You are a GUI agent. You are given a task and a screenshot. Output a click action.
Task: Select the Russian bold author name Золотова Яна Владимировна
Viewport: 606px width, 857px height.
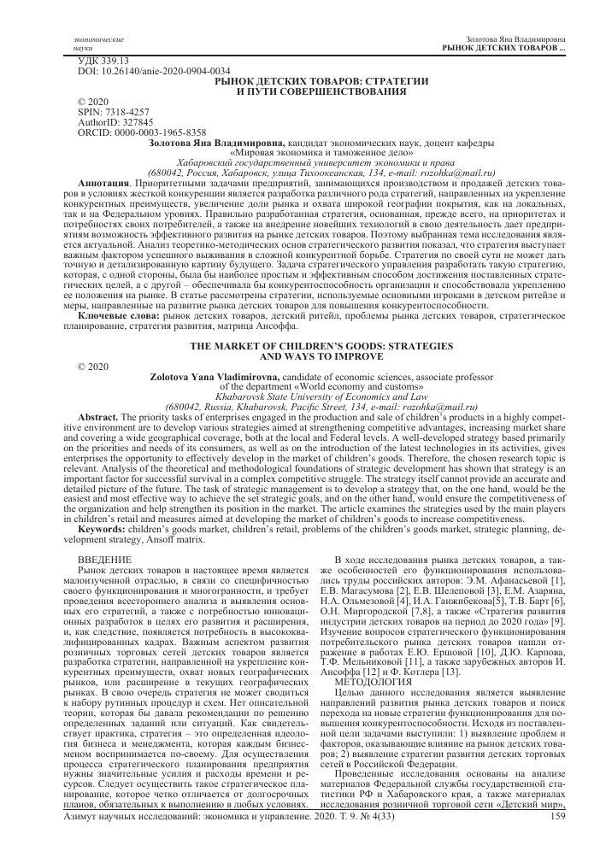pos(217,143)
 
